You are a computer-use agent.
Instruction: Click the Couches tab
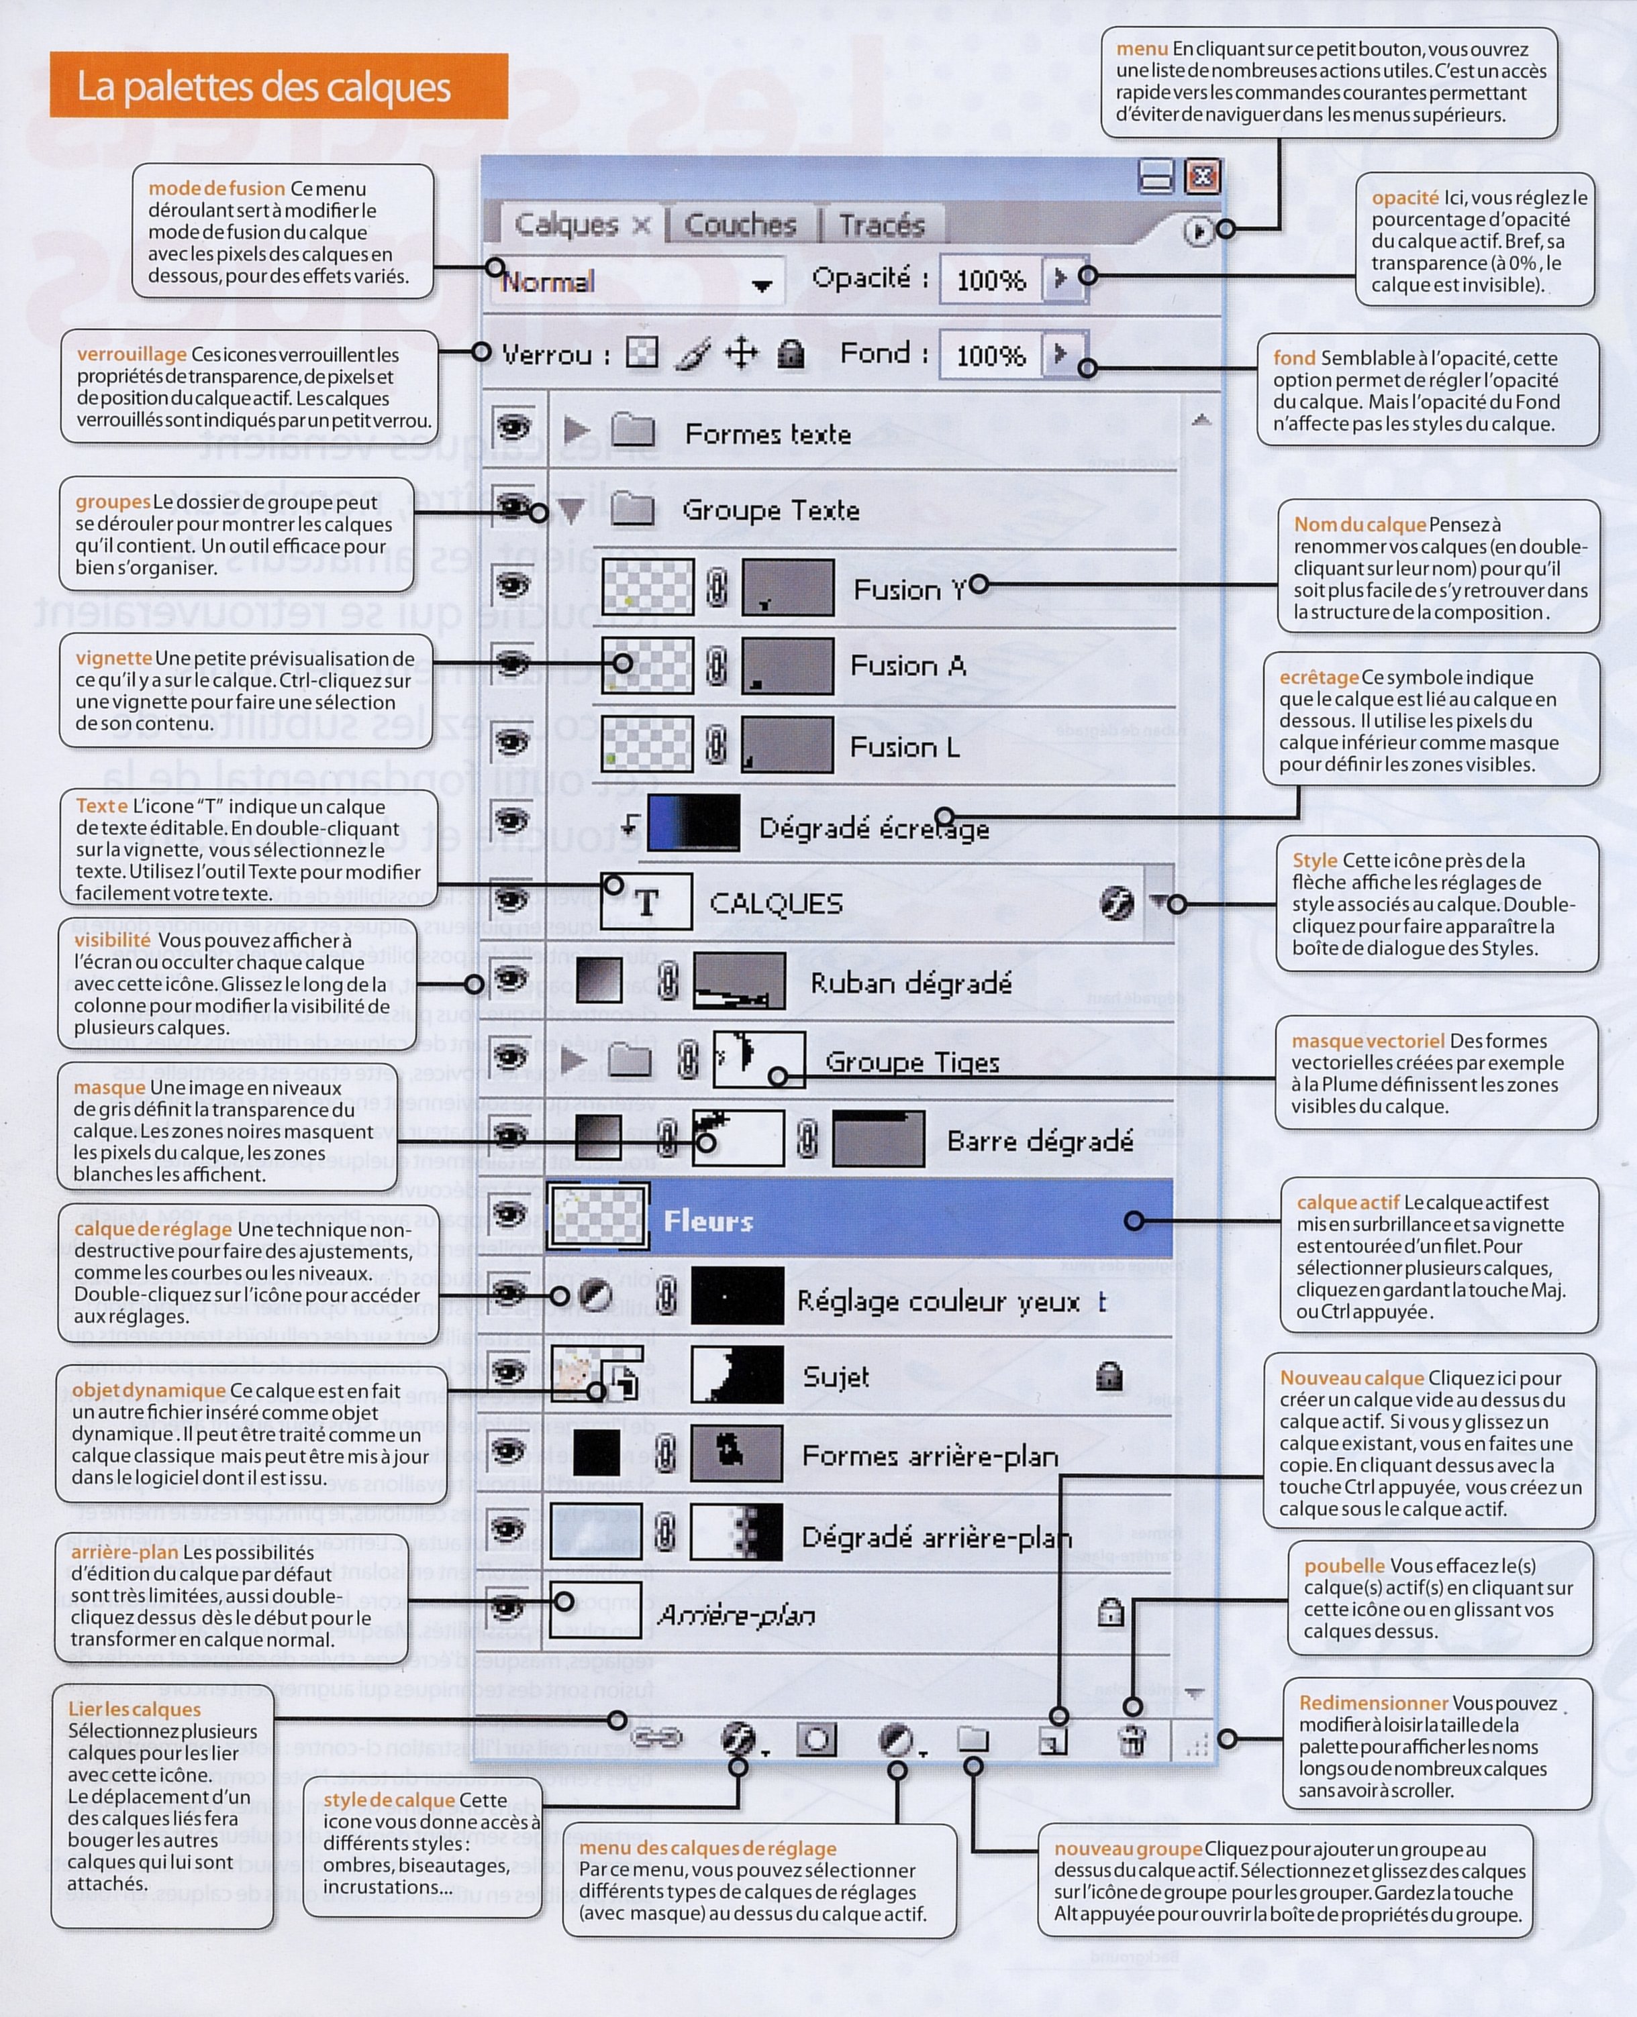pyautogui.click(x=740, y=225)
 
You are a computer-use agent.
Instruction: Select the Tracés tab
pyautogui.click(x=882, y=225)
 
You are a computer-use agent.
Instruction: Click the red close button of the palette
pyautogui.click(x=1202, y=176)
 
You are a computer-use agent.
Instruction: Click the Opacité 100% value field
pyautogui.click(x=990, y=280)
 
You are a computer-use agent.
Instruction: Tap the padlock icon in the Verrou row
pyautogui.click(x=790, y=354)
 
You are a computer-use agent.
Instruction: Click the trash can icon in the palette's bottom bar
pyautogui.click(x=1132, y=1740)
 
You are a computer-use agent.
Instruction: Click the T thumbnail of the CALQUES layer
pyautogui.click(x=647, y=902)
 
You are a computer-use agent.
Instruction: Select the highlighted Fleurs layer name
pyautogui.click(x=708, y=1221)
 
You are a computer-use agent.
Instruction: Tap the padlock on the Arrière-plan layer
pyautogui.click(x=1111, y=1613)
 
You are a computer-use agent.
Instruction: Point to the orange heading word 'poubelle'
pyautogui.click(x=1344, y=1566)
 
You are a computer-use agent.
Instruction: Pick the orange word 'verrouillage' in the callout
pyautogui.click(x=132, y=354)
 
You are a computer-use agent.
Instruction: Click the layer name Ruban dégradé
pyautogui.click(x=911, y=984)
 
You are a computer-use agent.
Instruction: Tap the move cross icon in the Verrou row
pyautogui.click(x=741, y=354)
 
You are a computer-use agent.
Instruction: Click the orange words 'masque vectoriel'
pyautogui.click(x=1367, y=1040)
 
